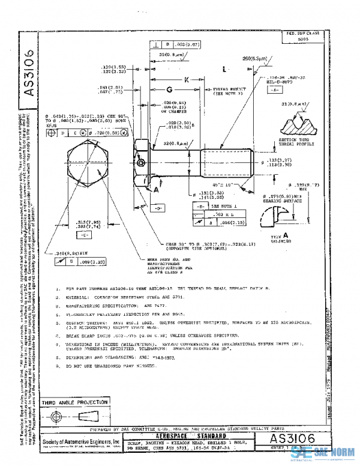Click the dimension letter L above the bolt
tap(224, 70)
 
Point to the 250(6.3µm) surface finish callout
tap(252, 59)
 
